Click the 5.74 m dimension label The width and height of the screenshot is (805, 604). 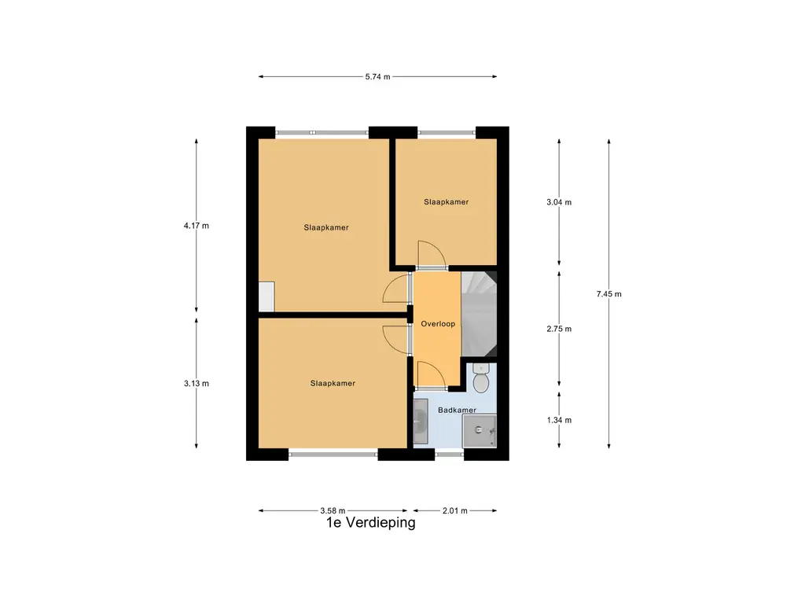pyautogui.click(x=377, y=76)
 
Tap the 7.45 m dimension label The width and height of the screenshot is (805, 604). pyautogui.click(x=609, y=294)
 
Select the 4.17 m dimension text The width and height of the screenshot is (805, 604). pyautogui.click(x=196, y=226)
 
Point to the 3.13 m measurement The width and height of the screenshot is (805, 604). pyautogui.click(x=196, y=383)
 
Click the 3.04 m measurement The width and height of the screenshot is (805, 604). pyautogui.click(x=559, y=202)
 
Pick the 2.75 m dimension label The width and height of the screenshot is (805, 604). pyautogui.click(x=559, y=329)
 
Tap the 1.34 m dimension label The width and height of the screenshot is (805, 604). pyautogui.click(x=559, y=420)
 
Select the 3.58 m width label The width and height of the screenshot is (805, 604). pyautogui.click(x=333, y=510)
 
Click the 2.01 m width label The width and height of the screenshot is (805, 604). pyautogui.click(x=455, y=510)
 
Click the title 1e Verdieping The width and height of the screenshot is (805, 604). pyautogui.click(x=371, y=523)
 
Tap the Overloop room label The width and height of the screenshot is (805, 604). pyautogui.click(x=438, y=323)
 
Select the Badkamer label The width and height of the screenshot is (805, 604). pyautogui.click(x=457, y=410)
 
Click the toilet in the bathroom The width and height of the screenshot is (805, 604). pyautogui.click(x=480, y=378)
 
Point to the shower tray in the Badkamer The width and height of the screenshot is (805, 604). pyautogui.click(x=480, y=430)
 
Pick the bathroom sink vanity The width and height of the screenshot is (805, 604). pyautogui.click(x=421, y=422)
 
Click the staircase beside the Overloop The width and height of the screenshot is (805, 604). pyautogui.click(x=479, y=314)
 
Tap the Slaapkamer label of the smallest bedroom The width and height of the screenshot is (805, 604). pyautogui.click(x=447, y=202)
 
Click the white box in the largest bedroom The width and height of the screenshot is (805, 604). pyautogui.click(x=266, y=296)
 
